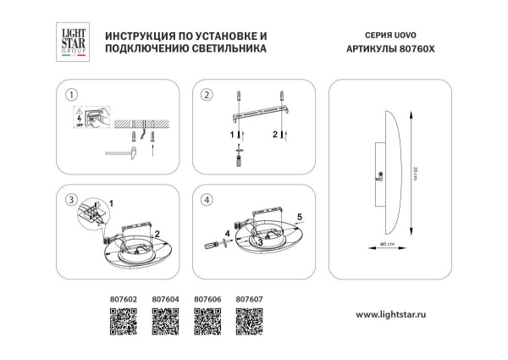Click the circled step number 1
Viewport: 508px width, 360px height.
click(x=73, y=94)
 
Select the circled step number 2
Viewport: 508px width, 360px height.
click(x=205, y=94)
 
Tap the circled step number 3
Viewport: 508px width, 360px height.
click(x=73, y=200)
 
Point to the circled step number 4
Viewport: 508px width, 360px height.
click(x=205, y=200)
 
